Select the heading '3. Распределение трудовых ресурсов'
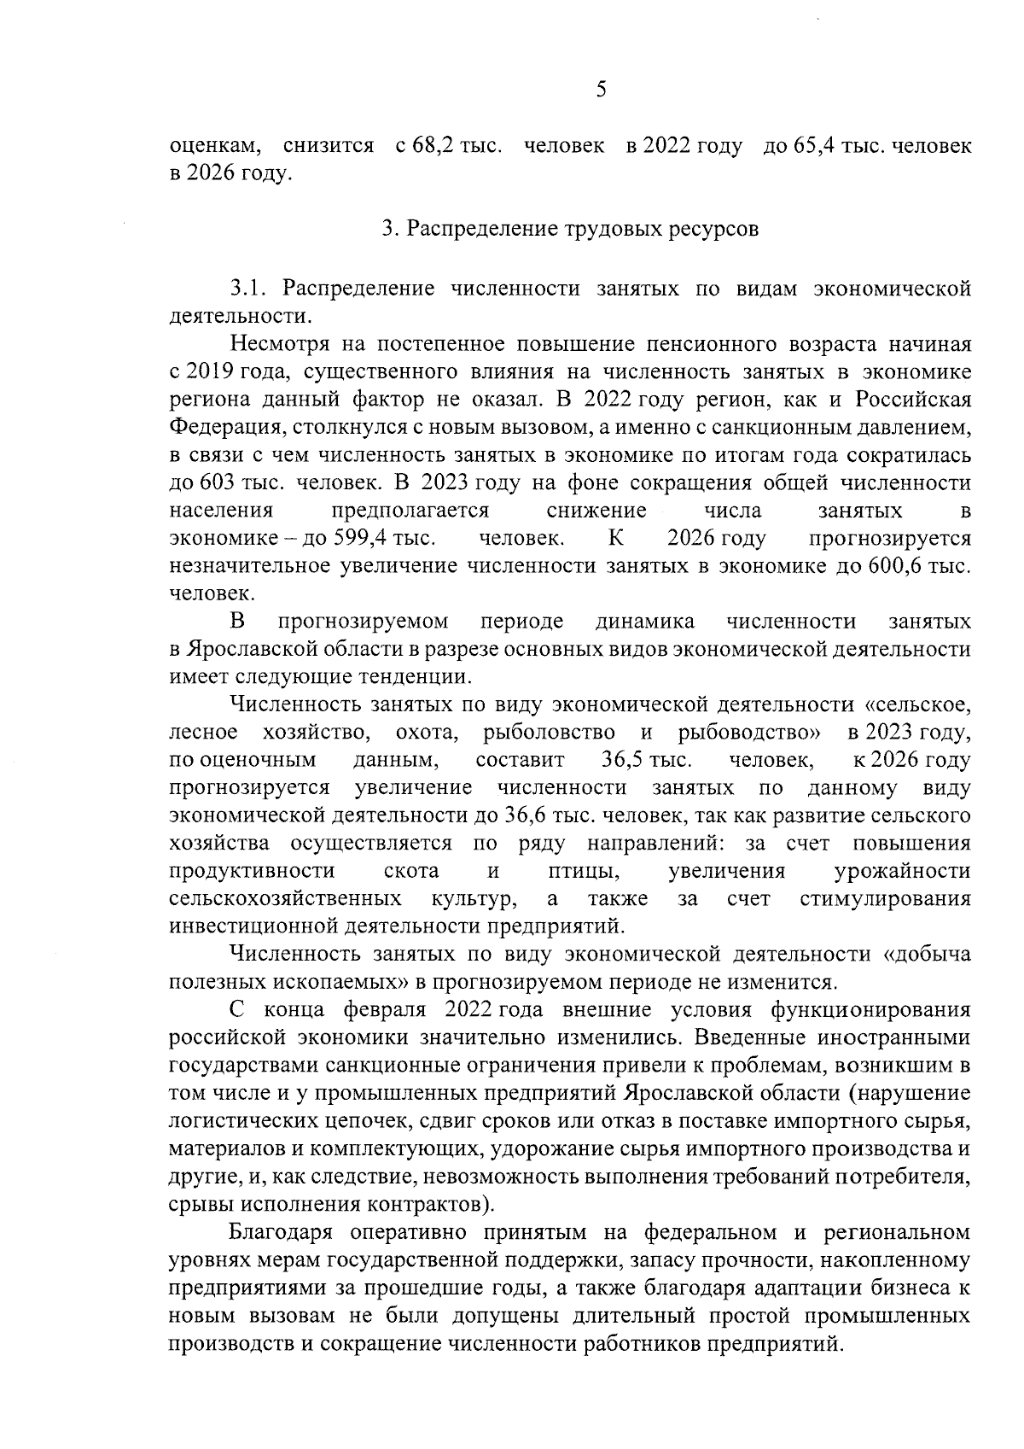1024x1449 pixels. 570,230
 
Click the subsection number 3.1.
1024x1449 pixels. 250,289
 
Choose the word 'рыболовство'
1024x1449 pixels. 549,733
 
